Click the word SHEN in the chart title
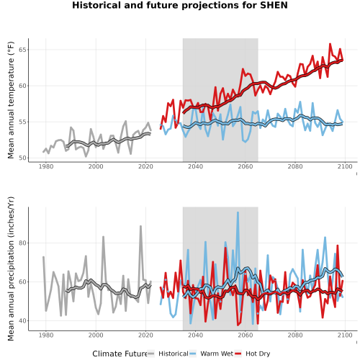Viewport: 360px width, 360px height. pyautogui.click(x=274, y=5)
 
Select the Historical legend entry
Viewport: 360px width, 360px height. pyautogui.click(x=174, y=354)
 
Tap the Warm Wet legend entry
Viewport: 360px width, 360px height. pyautogui.click(x=217, y=354)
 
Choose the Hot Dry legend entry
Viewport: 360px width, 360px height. pyautogui.click(x=258, y=354)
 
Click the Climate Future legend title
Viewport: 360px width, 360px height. pyautogui.click(x=120, y=354)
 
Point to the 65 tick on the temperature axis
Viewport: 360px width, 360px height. pyautogui.click(x=22, y=50)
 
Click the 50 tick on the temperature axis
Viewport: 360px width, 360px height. pyautogui.click(x=22, y=158)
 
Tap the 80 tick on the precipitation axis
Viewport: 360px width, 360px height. pyautogui.click(x=22, y=243)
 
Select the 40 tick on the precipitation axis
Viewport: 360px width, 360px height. pyautogui.click(x=22, y=320)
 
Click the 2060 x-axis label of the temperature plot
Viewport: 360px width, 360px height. pyautogui.click(x=245, y=166)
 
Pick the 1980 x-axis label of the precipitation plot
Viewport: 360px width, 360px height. pyautogui.click(x=46, y=335)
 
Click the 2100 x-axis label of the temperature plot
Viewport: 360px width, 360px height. pyautogui.click(x=345, y=166)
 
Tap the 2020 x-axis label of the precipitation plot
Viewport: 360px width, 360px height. pyautogui.click(x=145, y=335)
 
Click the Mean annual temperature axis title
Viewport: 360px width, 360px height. pyautogui.click(x=11, y=100)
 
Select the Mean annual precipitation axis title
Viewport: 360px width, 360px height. pyautogui.click(x=11, y=269)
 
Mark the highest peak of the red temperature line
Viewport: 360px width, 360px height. pyautogui.click(x=330, y=44)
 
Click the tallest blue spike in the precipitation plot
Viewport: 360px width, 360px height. pyautogui.click(x=238, y=212)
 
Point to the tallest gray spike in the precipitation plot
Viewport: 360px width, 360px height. pyautogui.click(x=140, y=226)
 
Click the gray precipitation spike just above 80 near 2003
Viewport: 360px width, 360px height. pyautogui.click(x=103, y=237)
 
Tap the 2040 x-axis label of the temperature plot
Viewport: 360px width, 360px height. pyautogui.click(x=195, y=166)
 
